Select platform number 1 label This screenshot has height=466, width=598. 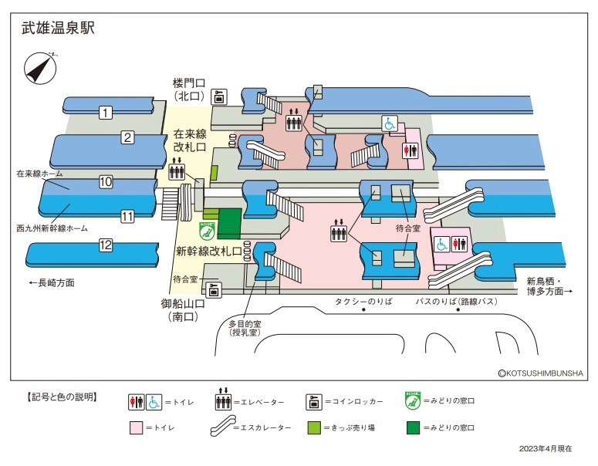click(x=105, y=113)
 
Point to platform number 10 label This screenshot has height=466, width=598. click(x=106, y=182)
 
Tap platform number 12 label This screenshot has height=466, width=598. click(x=106, y=245)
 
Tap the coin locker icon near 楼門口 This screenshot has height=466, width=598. click(x=219, y=96)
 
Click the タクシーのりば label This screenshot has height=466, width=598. click(x=363, y=302)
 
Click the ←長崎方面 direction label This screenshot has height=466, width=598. click(x=51, y=283)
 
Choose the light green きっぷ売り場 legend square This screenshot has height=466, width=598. click(x=315, y=427)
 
